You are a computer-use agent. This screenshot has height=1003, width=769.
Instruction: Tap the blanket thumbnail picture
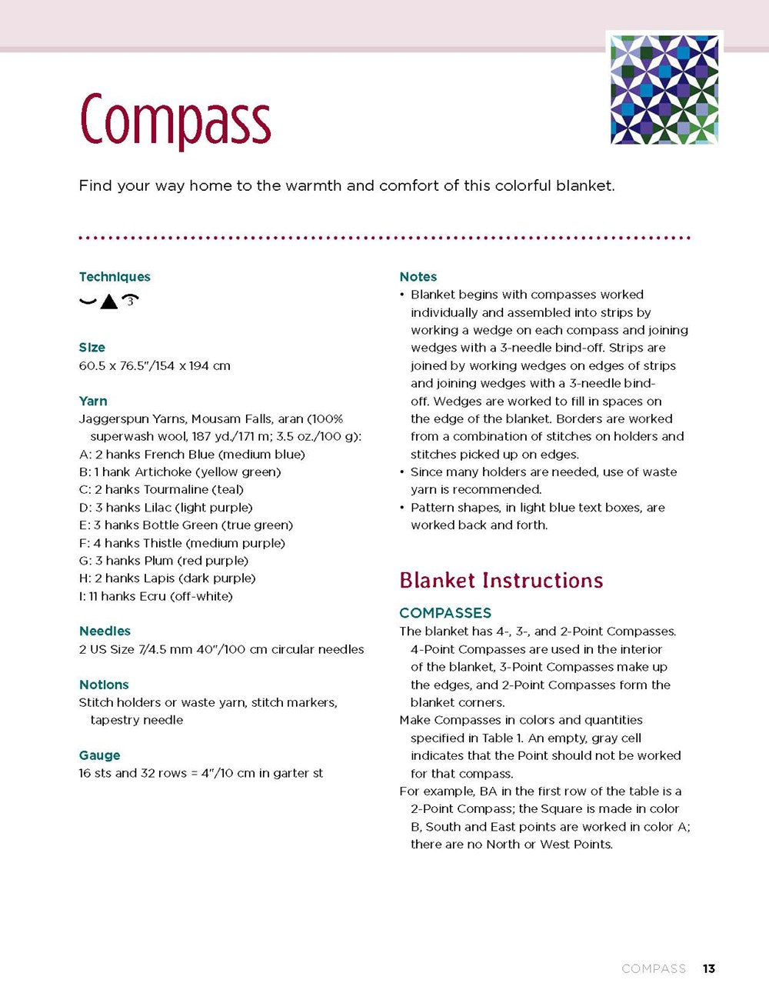point(664,88)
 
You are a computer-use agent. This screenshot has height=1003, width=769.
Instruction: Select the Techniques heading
point(115,277)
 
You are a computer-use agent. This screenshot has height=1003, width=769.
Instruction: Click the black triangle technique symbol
point(109,302)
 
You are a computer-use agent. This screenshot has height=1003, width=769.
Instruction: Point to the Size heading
point(92,348)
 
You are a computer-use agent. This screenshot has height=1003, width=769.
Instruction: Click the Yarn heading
point(93,401)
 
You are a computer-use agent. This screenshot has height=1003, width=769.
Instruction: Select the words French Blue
point(179,455)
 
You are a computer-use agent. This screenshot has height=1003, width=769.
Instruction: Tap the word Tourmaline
point(176,490)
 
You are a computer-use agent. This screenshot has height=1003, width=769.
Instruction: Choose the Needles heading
point(105,631)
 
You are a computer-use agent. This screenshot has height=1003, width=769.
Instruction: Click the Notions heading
point(104,685)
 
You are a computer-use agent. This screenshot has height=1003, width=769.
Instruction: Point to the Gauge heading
point(99,755)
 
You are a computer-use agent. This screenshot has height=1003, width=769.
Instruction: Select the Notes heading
point(418,277)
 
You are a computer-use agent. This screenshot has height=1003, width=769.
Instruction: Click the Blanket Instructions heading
point(501,580)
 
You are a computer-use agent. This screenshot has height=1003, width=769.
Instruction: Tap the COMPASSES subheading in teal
point(445,613)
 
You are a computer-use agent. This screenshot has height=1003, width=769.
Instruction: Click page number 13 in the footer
point(708,968)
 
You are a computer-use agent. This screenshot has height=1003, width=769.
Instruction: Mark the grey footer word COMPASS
point(654,968)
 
